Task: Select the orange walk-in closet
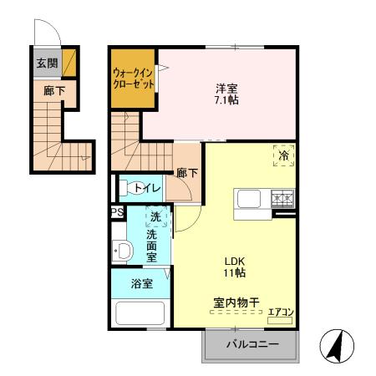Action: click(133, 79)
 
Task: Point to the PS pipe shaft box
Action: click(117, 212)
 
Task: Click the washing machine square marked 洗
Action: click(156, 218)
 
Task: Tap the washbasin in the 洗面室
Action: click(123, 250)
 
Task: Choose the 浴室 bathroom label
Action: click(141, 284)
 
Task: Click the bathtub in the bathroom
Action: click(141, 314)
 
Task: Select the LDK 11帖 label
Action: click(233, 267)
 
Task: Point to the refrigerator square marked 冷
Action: click(283, 156)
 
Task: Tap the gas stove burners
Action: click(282, 199)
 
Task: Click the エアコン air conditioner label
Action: click(279, 313)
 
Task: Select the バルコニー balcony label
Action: click(250, 345)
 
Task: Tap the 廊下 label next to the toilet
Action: click(186, 174)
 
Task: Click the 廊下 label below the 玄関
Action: click(53, 89)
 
